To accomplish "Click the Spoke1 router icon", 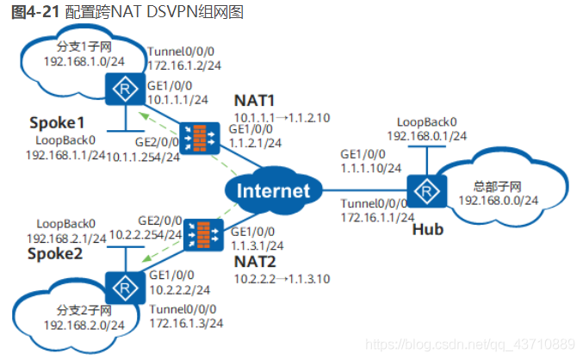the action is coord(126,89).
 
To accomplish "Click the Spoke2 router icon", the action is coord(126,288).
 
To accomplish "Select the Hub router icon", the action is coord(427,191).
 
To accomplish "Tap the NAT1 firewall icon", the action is coord(199,138).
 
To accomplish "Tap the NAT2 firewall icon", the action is coord(203,234).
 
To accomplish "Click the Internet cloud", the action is coord(273,190).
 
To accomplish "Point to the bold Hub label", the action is coord(428,229).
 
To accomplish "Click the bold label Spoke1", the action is coord(57,122).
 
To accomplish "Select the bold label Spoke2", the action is coord(55,253).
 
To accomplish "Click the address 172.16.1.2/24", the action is coord(184,65).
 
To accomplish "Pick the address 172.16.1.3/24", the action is coord(186,323).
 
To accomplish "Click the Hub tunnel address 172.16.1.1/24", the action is coord(377,218).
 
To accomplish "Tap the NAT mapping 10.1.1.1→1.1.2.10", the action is coord(282,118).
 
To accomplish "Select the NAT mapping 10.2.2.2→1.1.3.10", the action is coord(282,279).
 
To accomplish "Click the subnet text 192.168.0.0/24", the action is coord(499,201).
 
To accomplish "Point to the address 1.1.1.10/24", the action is coord(371,169).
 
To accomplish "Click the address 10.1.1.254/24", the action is coord(143,158).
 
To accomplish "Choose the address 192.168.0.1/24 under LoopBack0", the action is coord(427,136).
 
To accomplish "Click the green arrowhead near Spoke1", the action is coord(144,116).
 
